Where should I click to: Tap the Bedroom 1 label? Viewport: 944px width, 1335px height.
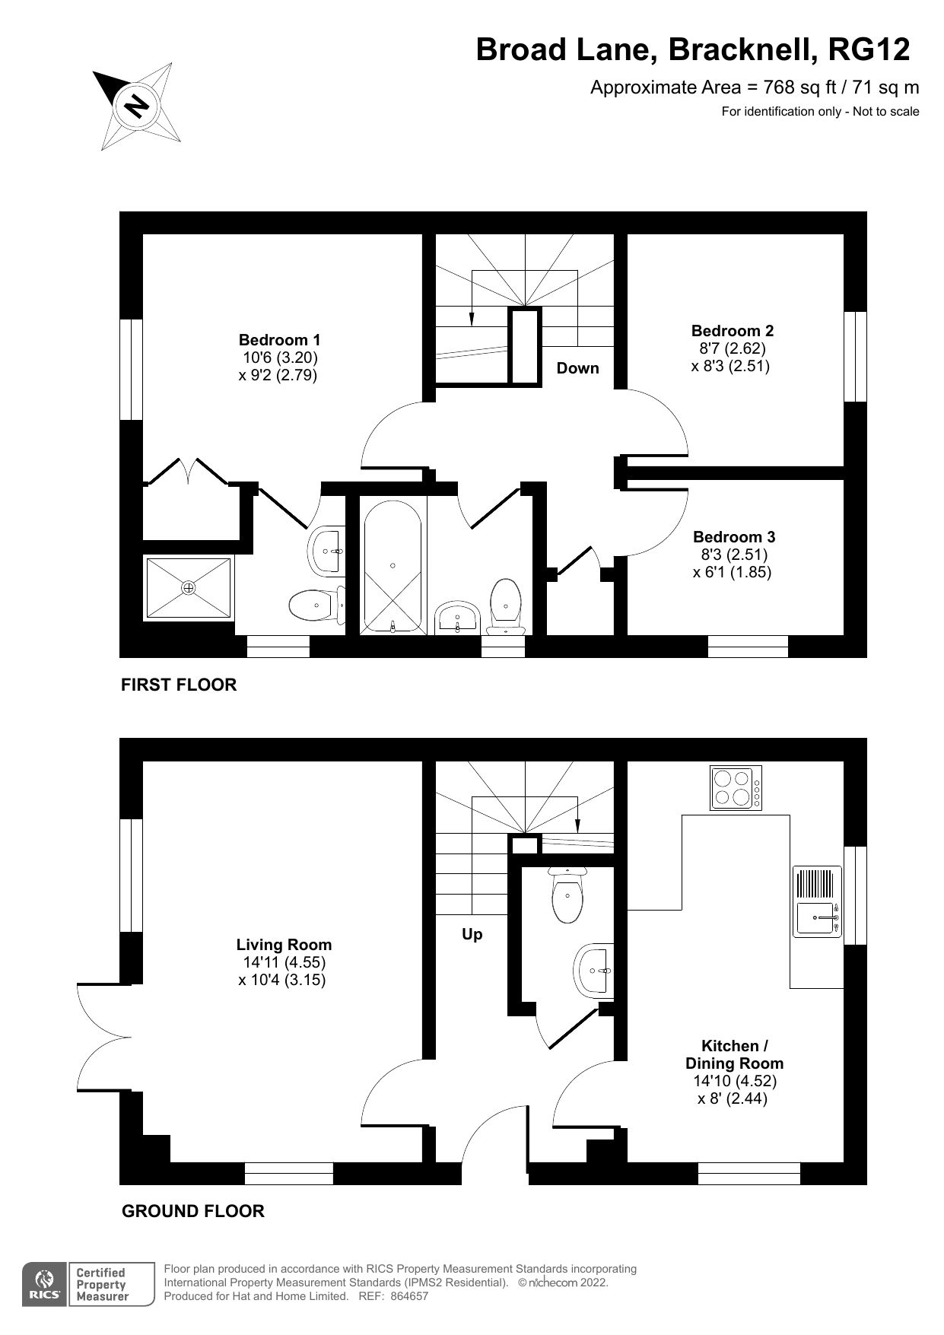[x=279, y=340]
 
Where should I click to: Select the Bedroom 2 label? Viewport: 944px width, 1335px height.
[x=732, y=331]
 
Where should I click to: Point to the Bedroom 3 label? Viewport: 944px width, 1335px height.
[x=733, y=537]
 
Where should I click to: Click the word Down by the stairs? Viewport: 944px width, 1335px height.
[x=577, y=368]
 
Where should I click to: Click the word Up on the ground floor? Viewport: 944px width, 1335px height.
[x=472, y=934]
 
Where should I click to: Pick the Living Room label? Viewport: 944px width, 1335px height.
[x=284, y=945]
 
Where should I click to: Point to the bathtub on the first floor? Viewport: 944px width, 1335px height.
[x=393, y=566]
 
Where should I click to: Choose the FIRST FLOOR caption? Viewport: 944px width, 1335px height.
[x=179, y=685]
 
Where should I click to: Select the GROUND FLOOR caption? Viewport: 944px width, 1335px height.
[x=192, y=1211]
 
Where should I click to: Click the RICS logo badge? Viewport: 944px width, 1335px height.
[x=45, y=1284]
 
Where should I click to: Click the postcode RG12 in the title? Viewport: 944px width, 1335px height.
[x=869, y=50]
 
